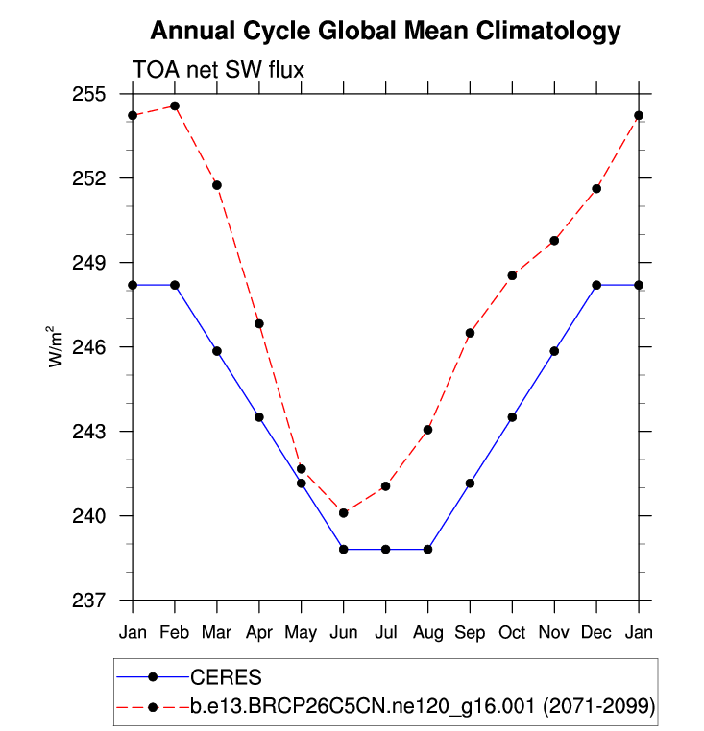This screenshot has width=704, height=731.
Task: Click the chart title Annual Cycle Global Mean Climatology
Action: point(385,33)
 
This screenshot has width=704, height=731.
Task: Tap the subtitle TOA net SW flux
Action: point(217,68)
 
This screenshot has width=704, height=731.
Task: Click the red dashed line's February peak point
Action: point(175,106)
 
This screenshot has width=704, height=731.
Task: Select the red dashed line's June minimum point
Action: point(343,513)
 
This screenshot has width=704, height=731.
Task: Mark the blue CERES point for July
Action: point(385,549)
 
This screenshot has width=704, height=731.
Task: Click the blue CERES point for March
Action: point(217,351)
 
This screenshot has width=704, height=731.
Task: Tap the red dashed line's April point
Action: point(259,323)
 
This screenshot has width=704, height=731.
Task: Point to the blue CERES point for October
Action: point(512,417)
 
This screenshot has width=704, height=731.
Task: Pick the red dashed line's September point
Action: point(470,333)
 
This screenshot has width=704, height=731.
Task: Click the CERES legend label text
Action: point(222,676)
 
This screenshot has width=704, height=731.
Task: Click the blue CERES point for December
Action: point(596,285)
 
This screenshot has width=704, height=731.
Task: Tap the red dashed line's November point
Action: point(554,240)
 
